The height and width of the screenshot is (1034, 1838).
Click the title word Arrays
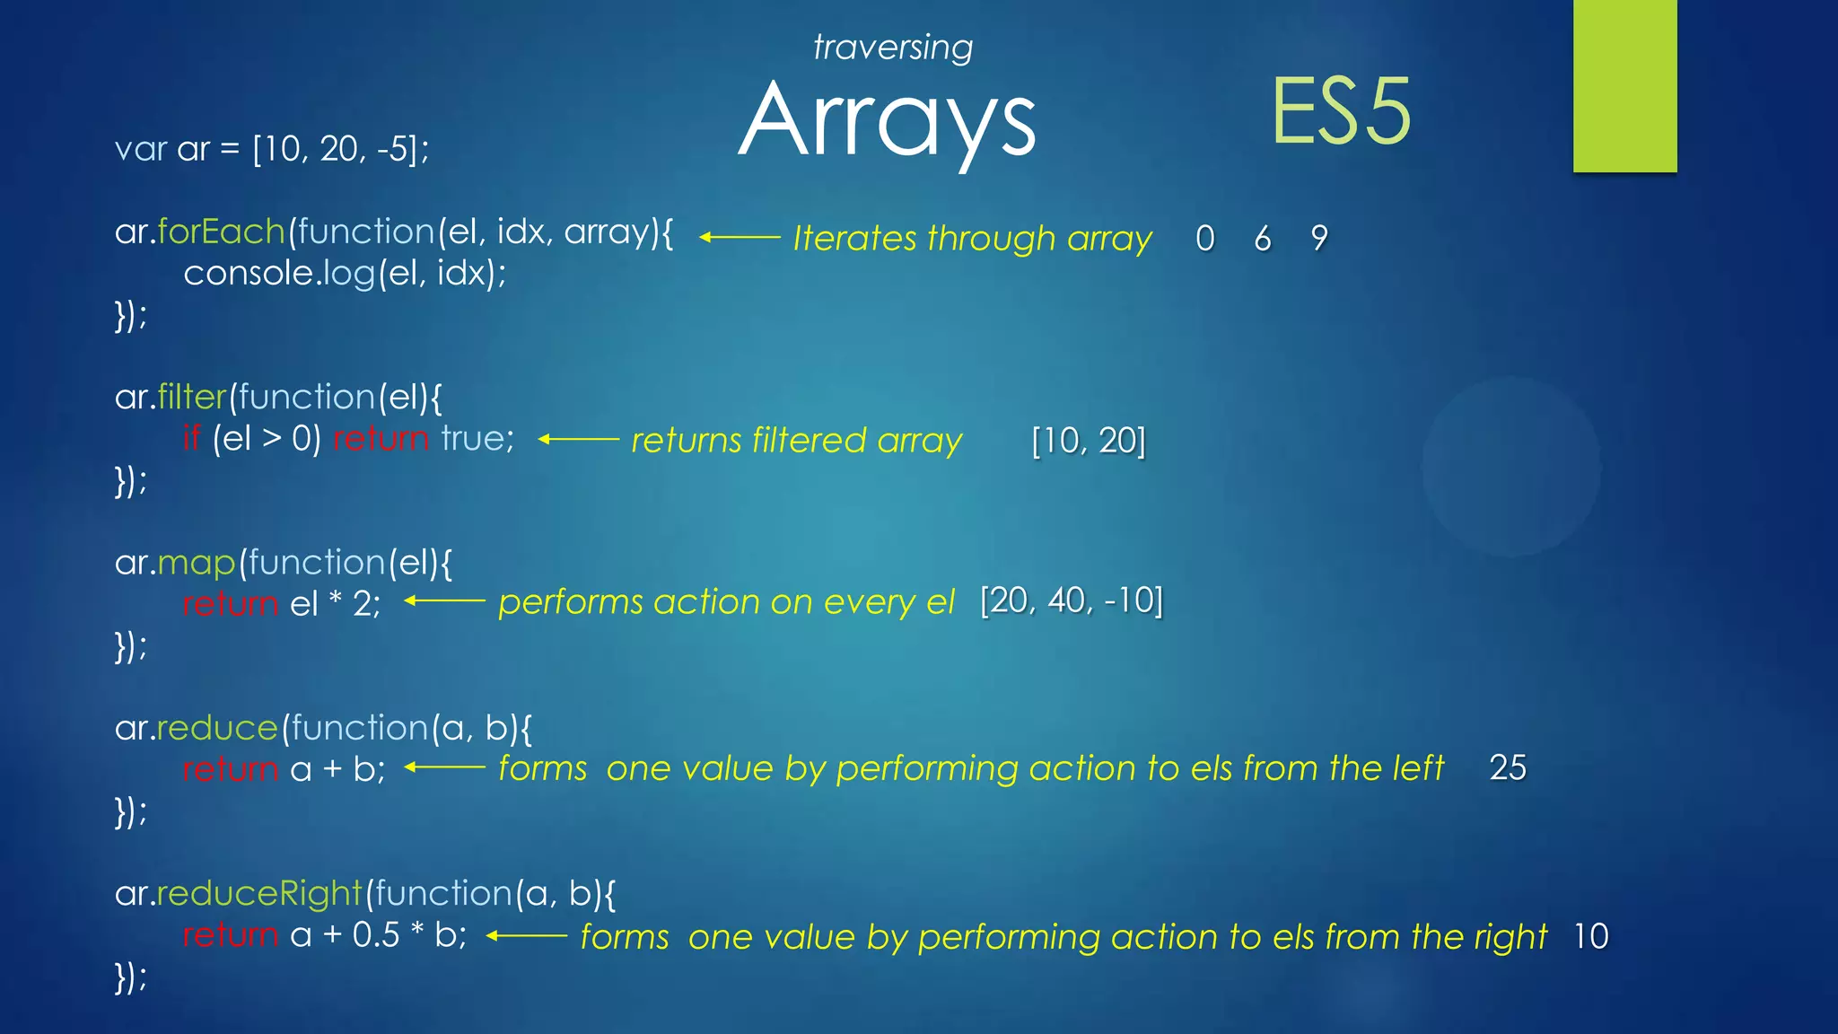point(887,120)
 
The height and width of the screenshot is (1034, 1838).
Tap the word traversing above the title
point(892,48)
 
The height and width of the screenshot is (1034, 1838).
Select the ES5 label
point(1341,112)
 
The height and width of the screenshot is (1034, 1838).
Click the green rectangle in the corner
point(1624,85)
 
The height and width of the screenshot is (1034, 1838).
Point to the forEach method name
point(221,232)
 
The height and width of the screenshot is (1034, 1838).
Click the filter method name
point(192,397)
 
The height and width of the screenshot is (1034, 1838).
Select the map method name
point(197,563)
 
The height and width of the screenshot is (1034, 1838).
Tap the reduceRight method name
point(258,894)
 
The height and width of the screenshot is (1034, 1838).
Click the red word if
point(191,438)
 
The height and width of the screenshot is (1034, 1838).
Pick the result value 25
point(1508,767)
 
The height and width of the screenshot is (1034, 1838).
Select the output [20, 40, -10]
point(1072,600)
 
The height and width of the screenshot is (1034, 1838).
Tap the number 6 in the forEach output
point(1263,239)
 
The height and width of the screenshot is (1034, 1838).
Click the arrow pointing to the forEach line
point(740,238)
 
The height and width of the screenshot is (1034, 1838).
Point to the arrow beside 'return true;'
point(578,440)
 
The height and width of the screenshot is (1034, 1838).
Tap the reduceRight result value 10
point(1590,936)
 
